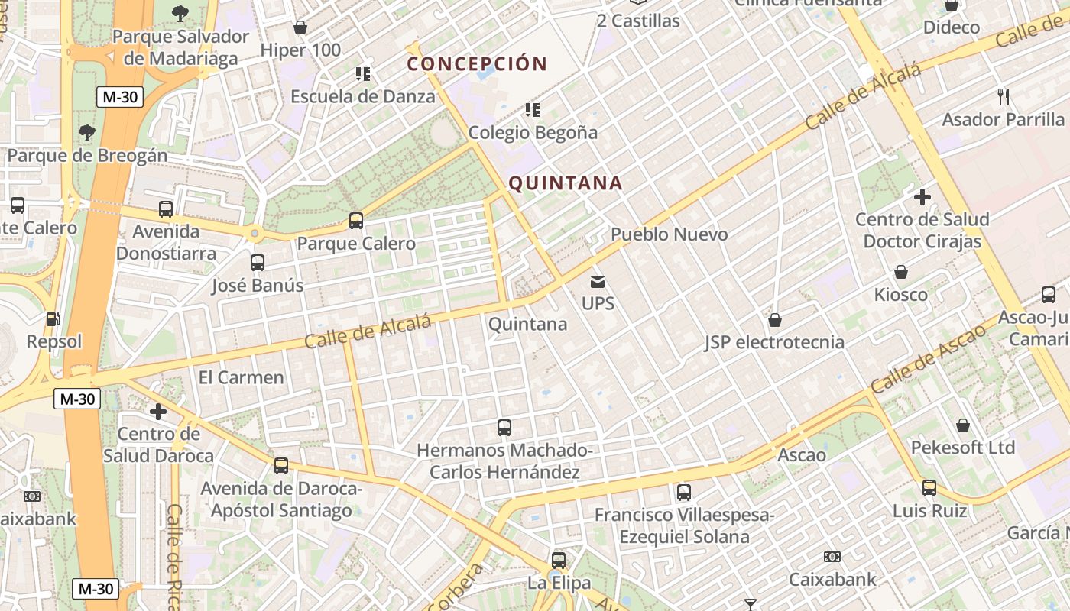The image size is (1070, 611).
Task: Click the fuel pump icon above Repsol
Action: [53, 319]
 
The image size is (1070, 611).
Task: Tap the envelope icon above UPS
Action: [598, 282]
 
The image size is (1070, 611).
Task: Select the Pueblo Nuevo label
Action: [670, 234]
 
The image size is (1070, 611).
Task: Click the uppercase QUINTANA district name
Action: [566, 183]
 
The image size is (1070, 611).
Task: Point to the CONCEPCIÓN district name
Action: [478, 63]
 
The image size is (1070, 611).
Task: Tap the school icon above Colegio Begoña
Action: [533, 110]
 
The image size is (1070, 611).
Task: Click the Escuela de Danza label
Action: [363, 96]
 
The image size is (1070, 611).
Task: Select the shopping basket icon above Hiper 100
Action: [300, 27]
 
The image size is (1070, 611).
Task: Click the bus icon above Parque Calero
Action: [356, 221]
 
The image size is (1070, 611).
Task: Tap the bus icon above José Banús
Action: [258, 263]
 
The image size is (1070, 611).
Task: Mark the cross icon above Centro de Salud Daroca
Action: [158, 412]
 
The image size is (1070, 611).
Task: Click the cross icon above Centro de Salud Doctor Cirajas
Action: [922, 197]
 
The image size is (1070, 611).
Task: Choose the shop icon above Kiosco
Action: [901, 272]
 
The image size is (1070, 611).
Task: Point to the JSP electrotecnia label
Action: [774, 342]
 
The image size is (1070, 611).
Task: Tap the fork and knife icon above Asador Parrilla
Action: [1004, 97]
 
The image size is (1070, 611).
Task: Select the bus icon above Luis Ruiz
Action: [929, 487]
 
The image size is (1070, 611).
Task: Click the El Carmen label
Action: [241, 377]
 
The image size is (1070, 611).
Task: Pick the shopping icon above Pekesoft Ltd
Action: [963, 425]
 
